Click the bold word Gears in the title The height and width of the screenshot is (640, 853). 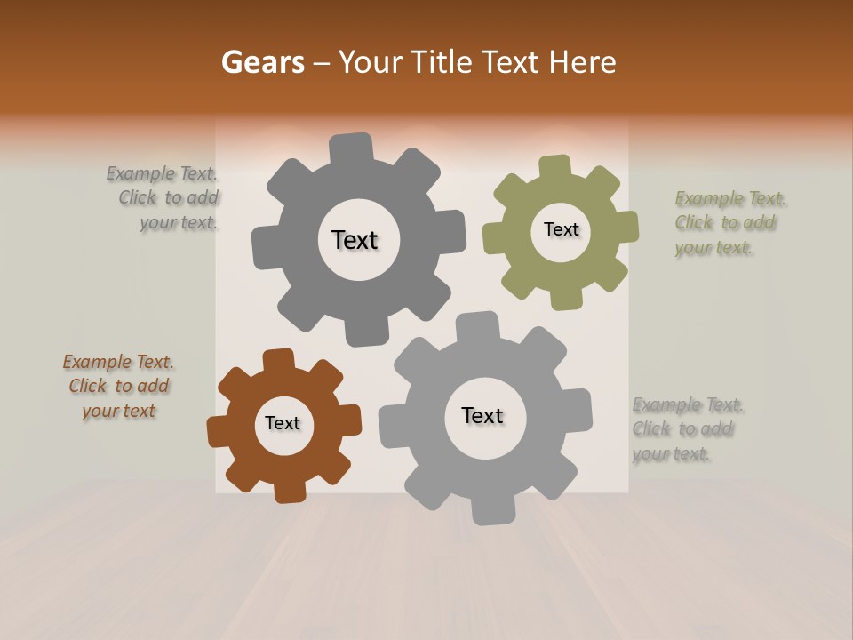coord(261,62)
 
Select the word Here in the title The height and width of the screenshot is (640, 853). coord(582,62)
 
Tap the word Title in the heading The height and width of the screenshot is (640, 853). coord(441,62)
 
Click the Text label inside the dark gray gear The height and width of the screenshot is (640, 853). coord(355,240)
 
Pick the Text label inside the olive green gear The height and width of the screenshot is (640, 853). coord(561,229)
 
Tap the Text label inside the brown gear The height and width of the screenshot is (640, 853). coord(283,423)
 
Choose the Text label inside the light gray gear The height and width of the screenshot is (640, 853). coord(482,415)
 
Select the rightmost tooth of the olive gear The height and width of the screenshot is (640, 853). coord(626,227)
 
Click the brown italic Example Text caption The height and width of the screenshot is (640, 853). coord(118,387)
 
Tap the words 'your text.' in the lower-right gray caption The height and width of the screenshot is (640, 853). coord(672,454)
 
